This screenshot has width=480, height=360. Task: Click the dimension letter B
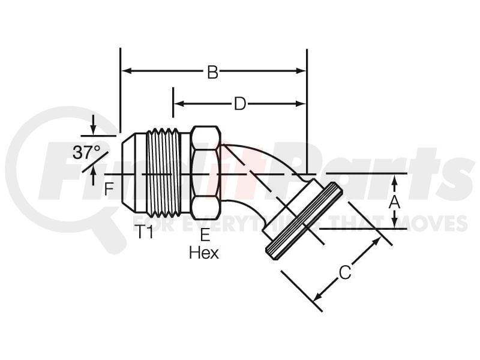point(212,72)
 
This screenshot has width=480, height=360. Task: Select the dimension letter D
point(240,104)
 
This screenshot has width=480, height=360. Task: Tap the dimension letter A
point(394,202)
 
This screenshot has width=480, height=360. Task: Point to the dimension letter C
point(345,273)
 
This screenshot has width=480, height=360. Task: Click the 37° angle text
point(86,152)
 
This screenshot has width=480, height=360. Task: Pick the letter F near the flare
point(109,189)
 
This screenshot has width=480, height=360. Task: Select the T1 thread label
point(143,232)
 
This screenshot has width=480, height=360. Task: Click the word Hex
point(204,253)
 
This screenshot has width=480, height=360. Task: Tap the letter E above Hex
point(205,235)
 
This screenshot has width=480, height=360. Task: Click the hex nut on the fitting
point(206,173)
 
